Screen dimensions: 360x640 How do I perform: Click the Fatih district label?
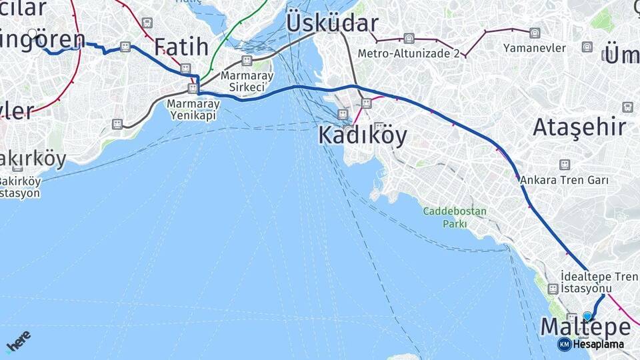click(x=181, y=47)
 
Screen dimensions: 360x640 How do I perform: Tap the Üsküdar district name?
click(x=332, y=23)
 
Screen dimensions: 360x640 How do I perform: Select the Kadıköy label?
click(x=362, y=135)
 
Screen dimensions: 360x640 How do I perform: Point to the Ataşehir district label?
click(x=579, y=127)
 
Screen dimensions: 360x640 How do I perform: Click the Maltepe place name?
click(x=585, y=327)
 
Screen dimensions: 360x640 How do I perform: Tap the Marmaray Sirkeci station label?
click(x=247, y=81)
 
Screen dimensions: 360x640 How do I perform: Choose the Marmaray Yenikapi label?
click(x=193, y=109)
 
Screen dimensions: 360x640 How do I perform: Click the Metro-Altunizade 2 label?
click(x=408, y=53)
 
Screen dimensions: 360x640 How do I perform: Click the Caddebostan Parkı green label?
click(x=455, y=217)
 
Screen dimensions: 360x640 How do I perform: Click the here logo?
click(x=18, y=341)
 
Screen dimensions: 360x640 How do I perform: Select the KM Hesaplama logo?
click(x=591, y=345)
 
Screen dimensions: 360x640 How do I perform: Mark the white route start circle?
click(x=33, y=33)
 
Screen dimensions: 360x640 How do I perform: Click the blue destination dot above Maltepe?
click(x=587, y=315)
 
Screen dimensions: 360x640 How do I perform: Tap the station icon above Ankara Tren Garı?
click(x=565, y=164)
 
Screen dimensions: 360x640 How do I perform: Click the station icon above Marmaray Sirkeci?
click(x=247, y=61)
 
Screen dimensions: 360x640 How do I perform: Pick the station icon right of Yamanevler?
click(x=587, y=47)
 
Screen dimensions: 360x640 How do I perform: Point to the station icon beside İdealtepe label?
click(x=553, y=289)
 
